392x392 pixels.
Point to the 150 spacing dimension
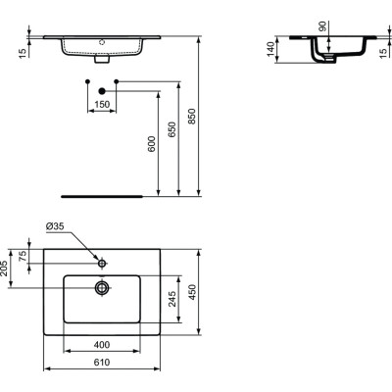102,102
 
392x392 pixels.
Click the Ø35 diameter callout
57,227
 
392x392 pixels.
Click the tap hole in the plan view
102,263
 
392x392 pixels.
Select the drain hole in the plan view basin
102,287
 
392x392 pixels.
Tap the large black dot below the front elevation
102,91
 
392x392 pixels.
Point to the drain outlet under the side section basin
327,61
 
